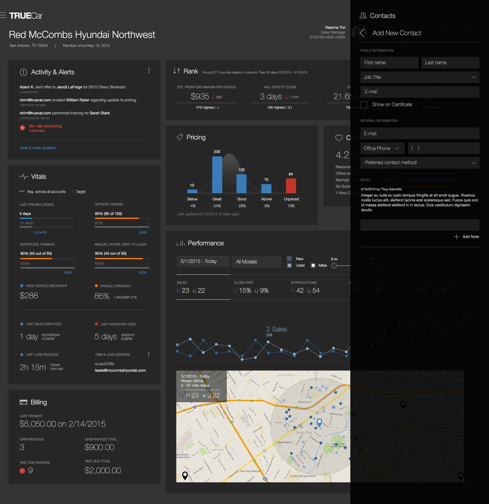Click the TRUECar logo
tap(26, 16)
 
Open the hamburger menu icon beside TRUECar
tap(3, 15)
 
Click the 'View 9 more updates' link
tap(38, 148)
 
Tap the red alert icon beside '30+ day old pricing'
tap(22, 128)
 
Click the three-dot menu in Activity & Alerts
tap(149, 70)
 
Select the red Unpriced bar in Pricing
tap(291, 186)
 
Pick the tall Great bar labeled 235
tap(217, 175)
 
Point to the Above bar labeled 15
tap(266, 188)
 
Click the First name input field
tap(389, 63)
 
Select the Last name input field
tap(450, 63)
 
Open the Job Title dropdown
tap(420, 77)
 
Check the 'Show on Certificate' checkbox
tap(364, 105)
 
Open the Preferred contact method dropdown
tap(420, 163)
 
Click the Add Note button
tap(467, 237)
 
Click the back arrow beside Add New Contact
tap(362, 33)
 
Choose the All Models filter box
tap(257, 262)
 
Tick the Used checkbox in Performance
tap(289, 265)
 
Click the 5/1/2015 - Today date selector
tap(203, 261)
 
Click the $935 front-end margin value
tap(200, 96)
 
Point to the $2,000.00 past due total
tap(103, 470)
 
